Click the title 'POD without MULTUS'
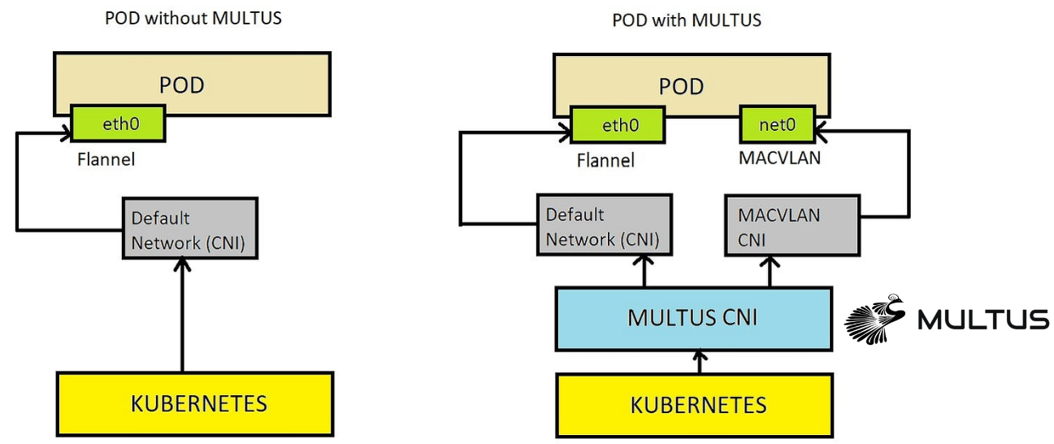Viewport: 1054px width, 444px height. [193, 18]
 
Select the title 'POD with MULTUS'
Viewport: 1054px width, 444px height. [687, 20]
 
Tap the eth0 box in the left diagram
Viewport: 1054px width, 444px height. [119, 124]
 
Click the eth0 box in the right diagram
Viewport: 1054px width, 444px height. [618, 126]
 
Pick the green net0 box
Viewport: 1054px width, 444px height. [777, 126]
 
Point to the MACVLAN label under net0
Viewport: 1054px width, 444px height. [779, 158]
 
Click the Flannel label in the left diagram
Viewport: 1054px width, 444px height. [106, 159]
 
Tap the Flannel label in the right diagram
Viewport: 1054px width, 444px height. [605, 160]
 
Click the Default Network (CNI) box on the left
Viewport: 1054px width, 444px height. [189, 228]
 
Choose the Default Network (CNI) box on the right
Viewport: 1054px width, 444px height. [604, 228]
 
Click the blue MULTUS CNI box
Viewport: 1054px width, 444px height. [692, 317]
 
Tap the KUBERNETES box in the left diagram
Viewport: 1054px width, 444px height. [195, 403]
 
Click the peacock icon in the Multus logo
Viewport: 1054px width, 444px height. [875, 318]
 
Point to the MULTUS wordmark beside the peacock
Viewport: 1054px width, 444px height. [982, 320]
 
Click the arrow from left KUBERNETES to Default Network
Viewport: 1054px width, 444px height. [182, 317]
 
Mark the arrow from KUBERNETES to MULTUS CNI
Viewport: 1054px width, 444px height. [698, 360]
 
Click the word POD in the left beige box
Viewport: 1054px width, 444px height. [182, 85]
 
